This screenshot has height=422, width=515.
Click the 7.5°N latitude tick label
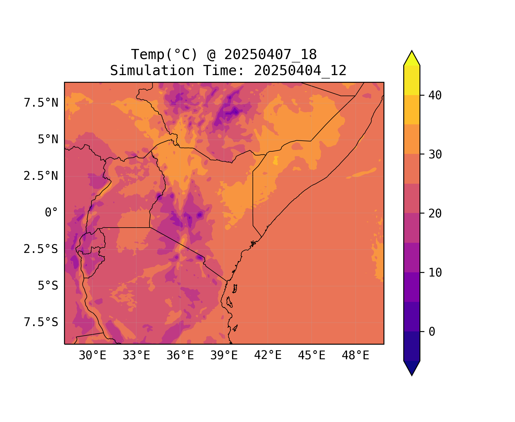tap(41, 103)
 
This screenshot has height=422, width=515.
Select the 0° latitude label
tap(51, 213)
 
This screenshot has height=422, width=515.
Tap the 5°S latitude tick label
tap(48, 286)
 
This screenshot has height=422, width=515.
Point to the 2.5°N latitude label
tap(41, 176)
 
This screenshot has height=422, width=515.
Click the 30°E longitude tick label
tap(92, 356)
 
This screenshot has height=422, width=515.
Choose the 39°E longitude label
tap(224, 356)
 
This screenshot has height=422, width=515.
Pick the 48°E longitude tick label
tap(355, 356)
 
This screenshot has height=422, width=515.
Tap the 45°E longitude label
tap(312, 356)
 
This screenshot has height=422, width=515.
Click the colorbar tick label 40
tap(435, 96)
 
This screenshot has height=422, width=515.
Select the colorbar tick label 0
tap(432, 332)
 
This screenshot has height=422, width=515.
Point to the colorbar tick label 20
tap(435, 214)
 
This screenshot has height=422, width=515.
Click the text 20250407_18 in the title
tap(270, 55)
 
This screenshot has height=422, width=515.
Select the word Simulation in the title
tap(152, 71)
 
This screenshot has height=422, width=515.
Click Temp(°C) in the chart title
tap(164, 55)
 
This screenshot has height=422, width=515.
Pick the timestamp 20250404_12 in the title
tap(300, 71)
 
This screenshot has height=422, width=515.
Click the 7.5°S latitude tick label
tap(41, 322)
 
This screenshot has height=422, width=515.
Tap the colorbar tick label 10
tap(435, 273)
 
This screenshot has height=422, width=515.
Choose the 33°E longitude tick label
tap(136, 356)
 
